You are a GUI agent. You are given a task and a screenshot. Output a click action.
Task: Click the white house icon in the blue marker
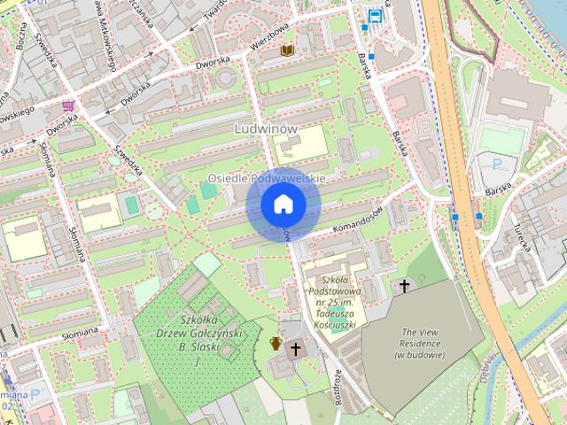point(283,205)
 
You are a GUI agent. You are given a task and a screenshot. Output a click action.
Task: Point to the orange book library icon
point(286,50)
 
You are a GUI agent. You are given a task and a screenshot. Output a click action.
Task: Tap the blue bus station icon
point(375,15)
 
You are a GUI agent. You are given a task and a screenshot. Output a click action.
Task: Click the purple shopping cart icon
point(68,105)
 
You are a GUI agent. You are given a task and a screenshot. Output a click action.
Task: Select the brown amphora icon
point(276,343)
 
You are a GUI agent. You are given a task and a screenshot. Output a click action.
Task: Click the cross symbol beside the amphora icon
point(297,349)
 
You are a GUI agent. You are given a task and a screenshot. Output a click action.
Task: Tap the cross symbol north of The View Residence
point(405,286)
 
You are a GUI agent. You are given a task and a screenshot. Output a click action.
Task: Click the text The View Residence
point(418,343)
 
